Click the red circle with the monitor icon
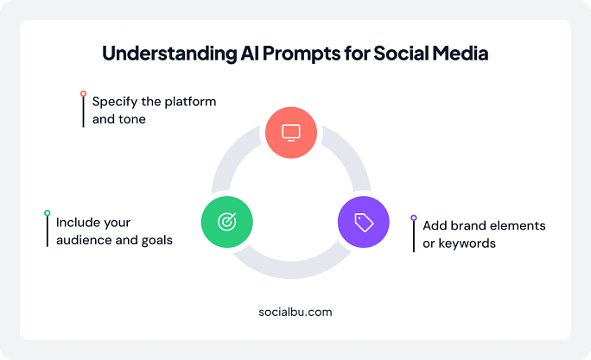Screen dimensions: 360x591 pos(291,132)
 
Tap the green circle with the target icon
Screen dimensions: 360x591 pos(226,221)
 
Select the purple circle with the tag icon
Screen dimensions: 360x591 pos(363,222)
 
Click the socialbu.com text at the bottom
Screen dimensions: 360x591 pos(295,312)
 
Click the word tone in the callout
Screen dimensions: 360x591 pos(132,119)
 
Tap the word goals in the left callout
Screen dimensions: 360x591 pos(155,240)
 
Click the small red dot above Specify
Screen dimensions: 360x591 pos(83,93)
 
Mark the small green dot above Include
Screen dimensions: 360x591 pos(48,212)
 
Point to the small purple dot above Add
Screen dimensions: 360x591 pos(414,218)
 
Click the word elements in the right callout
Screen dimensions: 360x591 pos(518,226)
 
